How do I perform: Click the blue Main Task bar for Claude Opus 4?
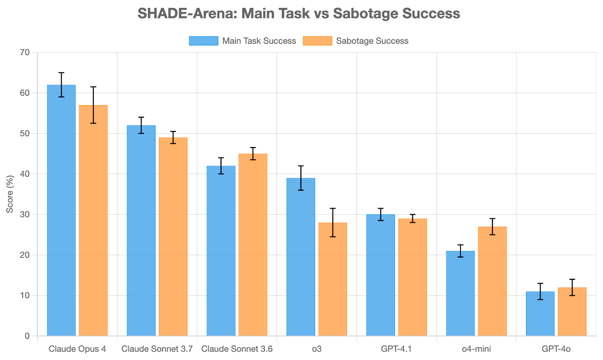61,211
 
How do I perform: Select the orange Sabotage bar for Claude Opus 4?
93,222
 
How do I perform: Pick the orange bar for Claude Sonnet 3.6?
253,245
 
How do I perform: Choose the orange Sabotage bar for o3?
333,279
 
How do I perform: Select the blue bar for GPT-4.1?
381,275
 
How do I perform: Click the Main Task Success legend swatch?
204,41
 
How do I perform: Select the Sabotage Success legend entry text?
372,41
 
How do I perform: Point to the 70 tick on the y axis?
24,52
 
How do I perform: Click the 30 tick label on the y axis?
24,214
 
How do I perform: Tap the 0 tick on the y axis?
27,336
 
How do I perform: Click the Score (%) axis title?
10,194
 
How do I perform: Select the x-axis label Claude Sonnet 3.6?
237,349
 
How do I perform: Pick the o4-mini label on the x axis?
476,349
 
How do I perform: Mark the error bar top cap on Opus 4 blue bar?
61,73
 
